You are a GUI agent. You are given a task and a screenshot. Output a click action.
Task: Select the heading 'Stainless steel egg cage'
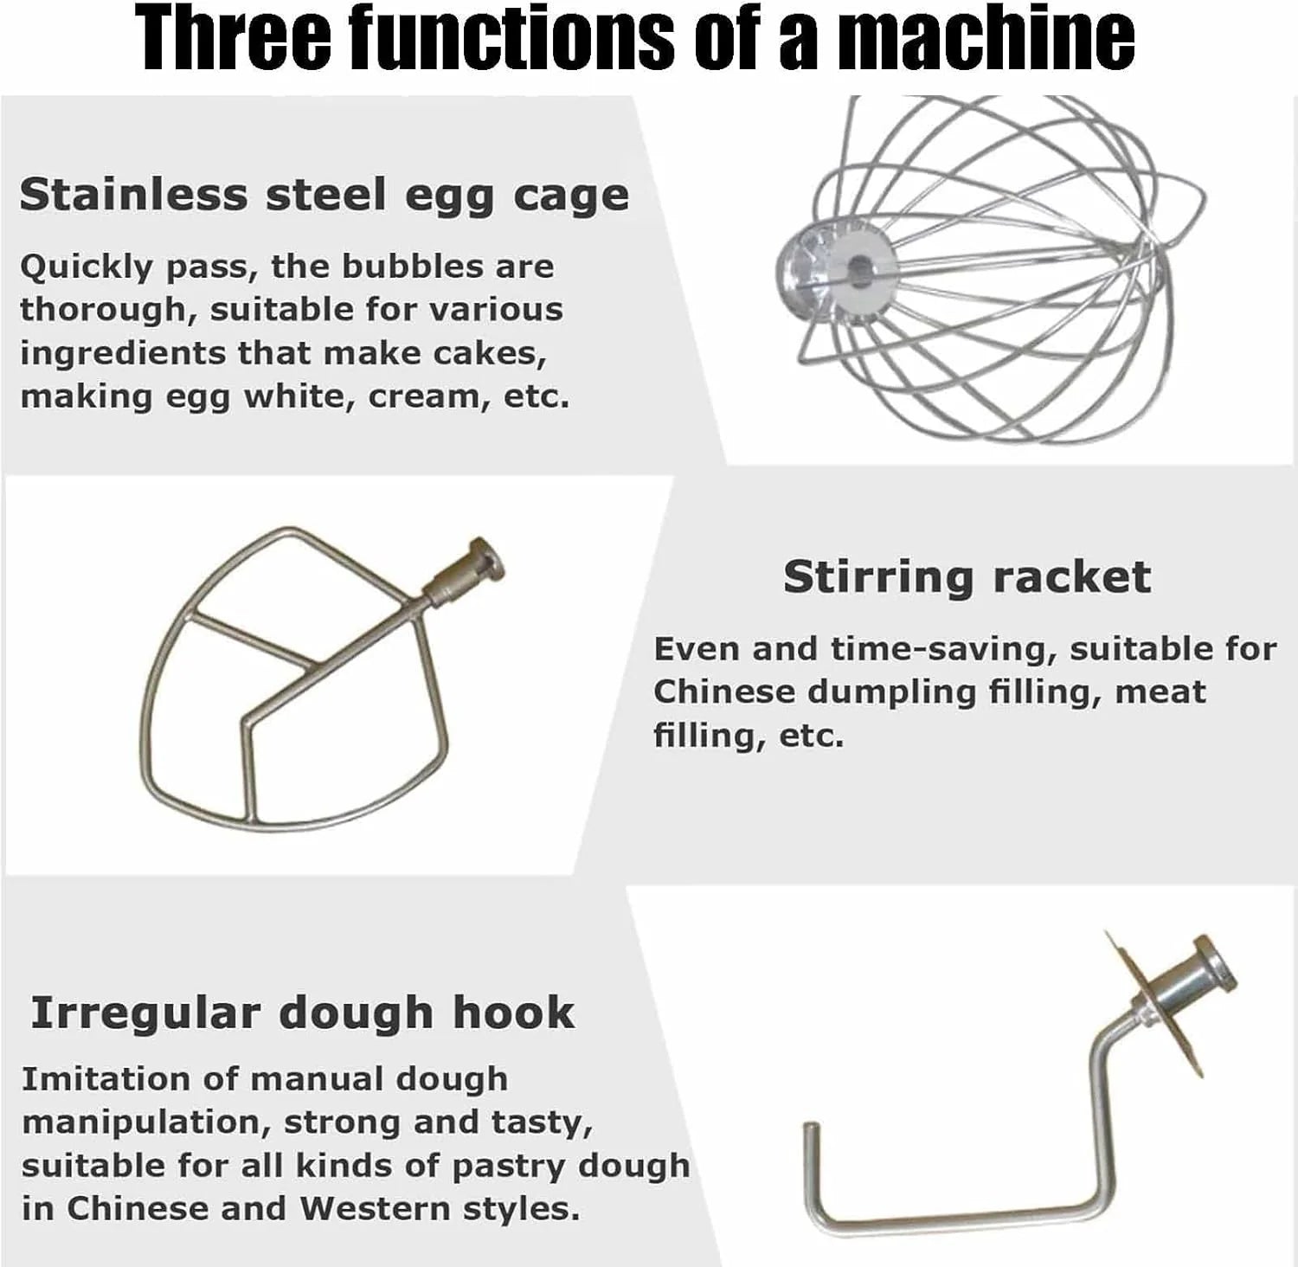coord(324,196)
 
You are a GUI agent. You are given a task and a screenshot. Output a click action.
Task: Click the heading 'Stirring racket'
coord(967,577)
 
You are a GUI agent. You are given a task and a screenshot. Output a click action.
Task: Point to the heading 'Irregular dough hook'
coord(302,1012)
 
